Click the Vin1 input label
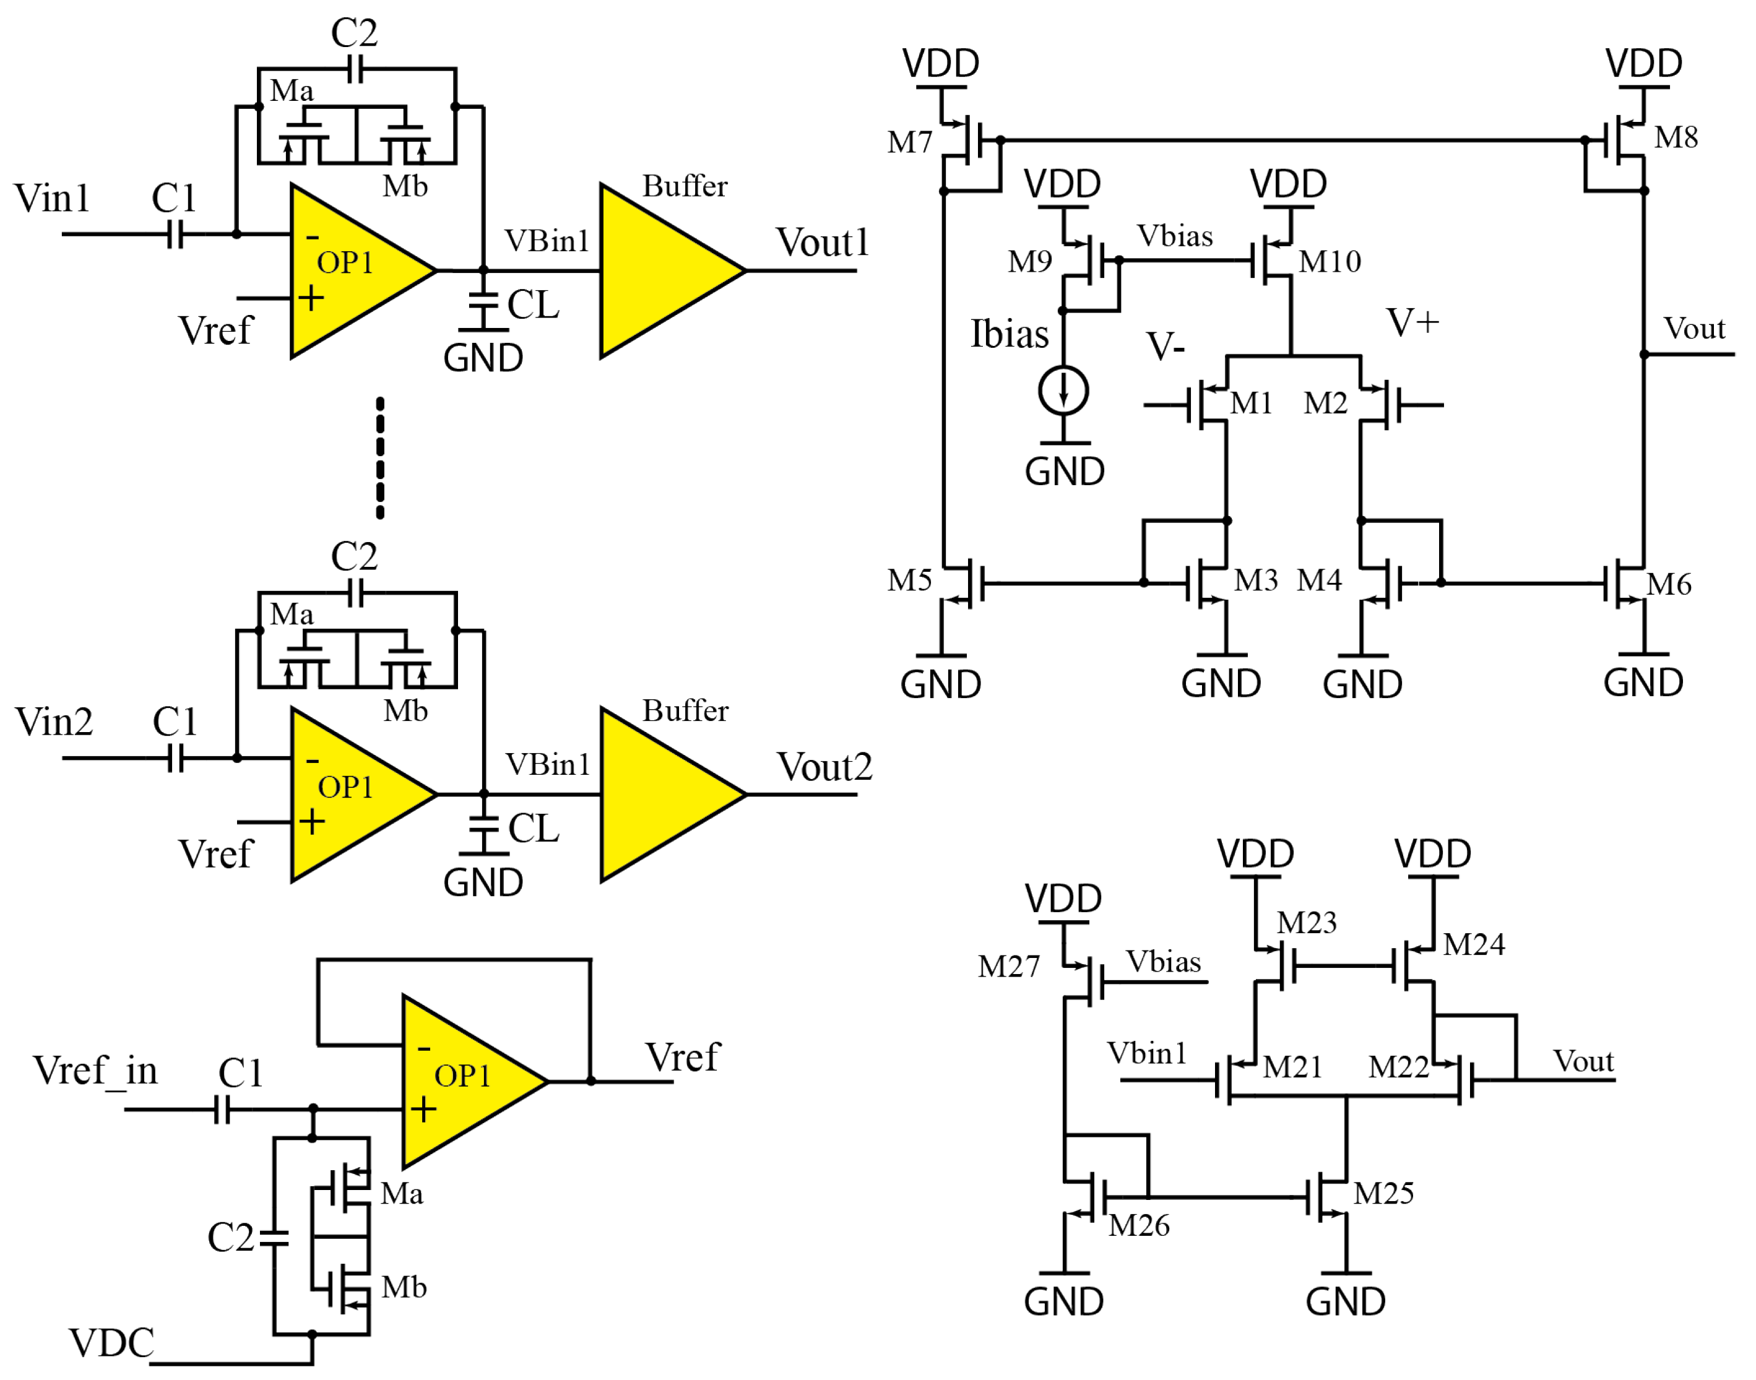click(x=52, y=199)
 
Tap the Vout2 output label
click(x=824, y=767)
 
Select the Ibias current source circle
click(x=1063, y=391)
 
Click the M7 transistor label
click(x=909, y=143)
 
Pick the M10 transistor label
click(x=1330, y=262)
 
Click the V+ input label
click(x=1412, y=322)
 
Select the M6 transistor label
click(x=1669, y=584)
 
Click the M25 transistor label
click(x=1383, y=1193)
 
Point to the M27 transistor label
click(x=1008, y=967)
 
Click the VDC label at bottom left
click(x=111, y=1343)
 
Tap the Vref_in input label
click(x=95, y=1071)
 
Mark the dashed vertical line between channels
click(x=380, y=457)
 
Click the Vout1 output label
click(x=822, y=243)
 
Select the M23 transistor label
click(x=1306, y=923)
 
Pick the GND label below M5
click(x=941, y=685)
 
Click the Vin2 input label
click(x=53, y=722)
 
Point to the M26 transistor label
click(x=1139, y=1226)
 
